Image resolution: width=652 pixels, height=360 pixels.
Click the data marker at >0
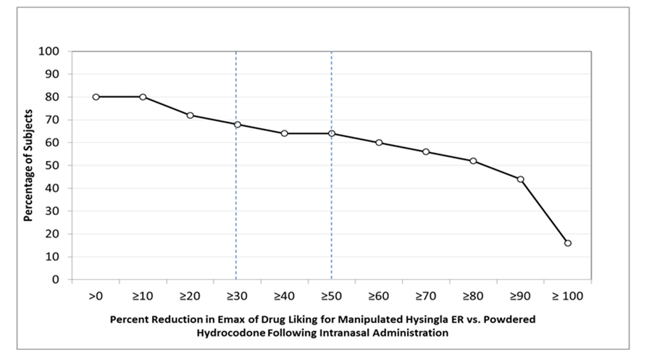96,96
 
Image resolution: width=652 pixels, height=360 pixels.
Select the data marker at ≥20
190,115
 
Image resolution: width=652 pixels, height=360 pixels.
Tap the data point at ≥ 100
567,243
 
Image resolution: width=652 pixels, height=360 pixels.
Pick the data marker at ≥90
520,179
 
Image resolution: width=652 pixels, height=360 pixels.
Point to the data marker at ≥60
379,143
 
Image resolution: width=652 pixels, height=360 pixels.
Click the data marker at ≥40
284,133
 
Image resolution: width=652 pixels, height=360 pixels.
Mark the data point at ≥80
473,161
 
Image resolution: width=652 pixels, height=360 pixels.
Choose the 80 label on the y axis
54,97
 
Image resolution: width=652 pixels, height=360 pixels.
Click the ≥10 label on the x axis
143,296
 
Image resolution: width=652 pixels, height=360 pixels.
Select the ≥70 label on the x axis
426,296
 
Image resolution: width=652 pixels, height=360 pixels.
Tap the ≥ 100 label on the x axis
567,296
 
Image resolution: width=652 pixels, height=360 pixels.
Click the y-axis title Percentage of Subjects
27,165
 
